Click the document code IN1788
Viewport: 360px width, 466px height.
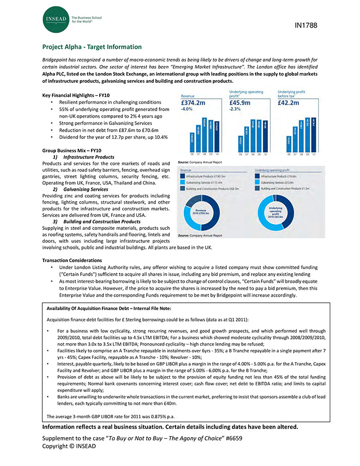pos(307,25)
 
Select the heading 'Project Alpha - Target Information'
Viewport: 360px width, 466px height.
pos(92,47)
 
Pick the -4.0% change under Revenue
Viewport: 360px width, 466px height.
pos(187,109)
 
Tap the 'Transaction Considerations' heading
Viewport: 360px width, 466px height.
pos(72,260)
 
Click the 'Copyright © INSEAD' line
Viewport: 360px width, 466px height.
pos(69,446)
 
